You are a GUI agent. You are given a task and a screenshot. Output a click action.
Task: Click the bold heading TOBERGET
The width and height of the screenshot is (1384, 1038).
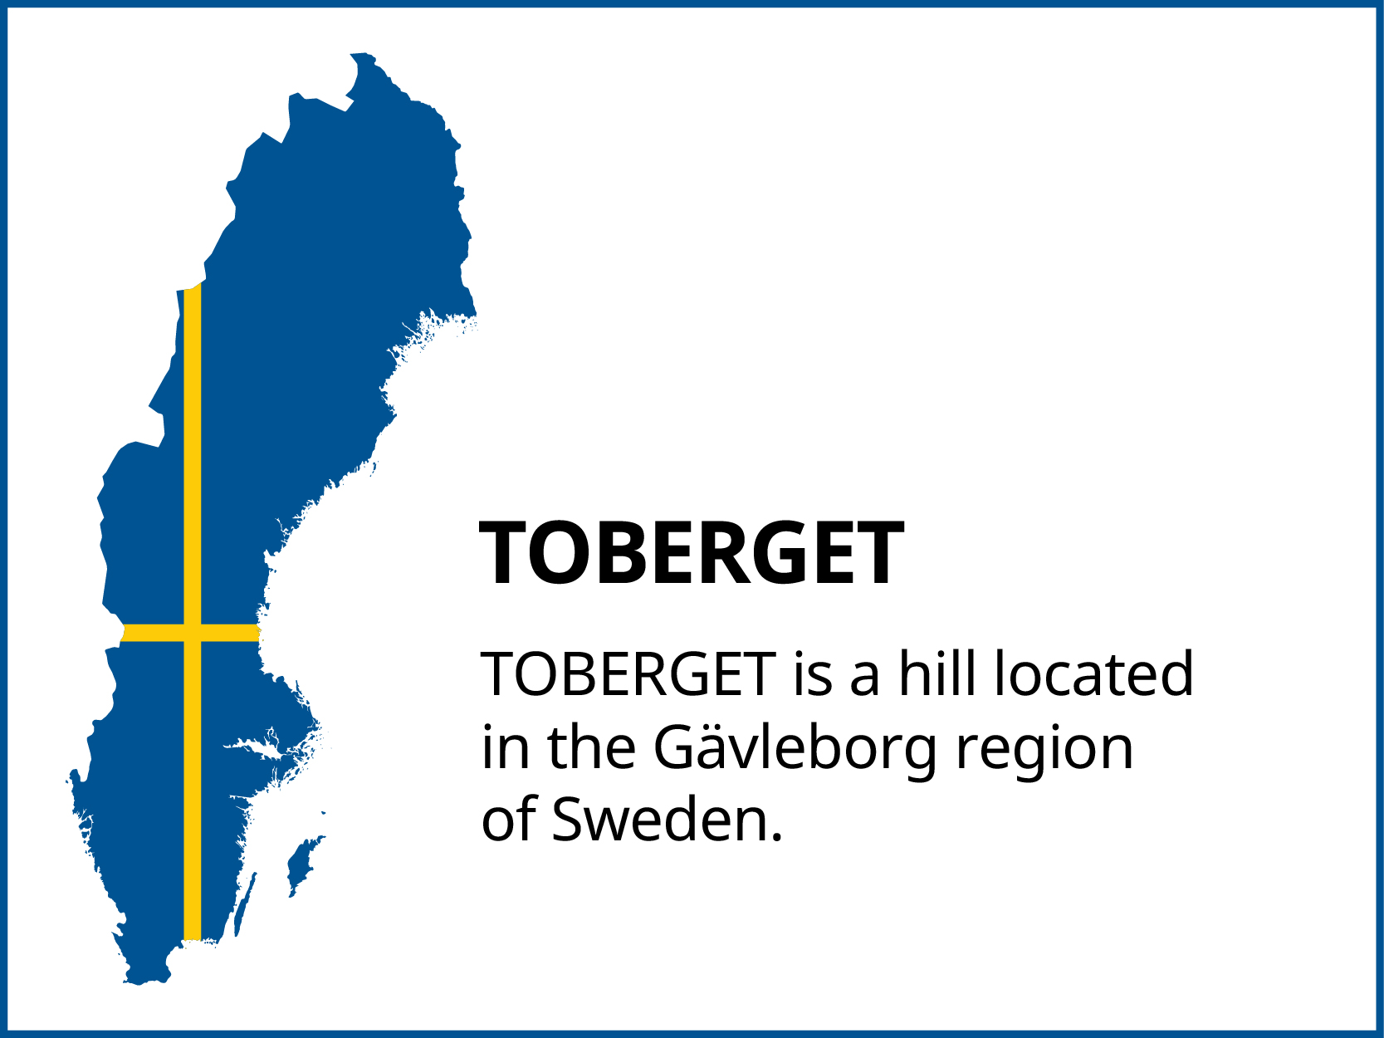(x=692, y=553)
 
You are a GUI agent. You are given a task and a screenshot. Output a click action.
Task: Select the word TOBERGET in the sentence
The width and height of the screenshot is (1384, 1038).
(x=628, y=673)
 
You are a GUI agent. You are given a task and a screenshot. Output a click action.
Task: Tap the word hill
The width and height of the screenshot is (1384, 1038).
(x=938, y=673)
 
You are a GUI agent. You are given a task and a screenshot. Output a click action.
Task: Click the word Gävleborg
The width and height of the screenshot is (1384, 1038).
(x=796, y=748)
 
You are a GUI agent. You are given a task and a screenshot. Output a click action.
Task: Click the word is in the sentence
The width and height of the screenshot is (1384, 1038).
(x=812, y=673)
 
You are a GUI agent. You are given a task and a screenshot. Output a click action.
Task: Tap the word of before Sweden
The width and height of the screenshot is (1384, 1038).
(x=508, y=820)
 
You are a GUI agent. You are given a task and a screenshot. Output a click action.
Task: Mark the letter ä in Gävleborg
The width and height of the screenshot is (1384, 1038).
(x=712, y=747)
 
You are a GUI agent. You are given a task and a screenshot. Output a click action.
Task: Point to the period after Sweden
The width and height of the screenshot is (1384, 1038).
(x=777, y=837)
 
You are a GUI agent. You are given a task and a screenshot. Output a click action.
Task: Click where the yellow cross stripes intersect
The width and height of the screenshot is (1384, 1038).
(x=192, y=633)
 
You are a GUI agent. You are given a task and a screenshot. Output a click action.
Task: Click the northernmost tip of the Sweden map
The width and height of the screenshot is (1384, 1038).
(x=359, y=55)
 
